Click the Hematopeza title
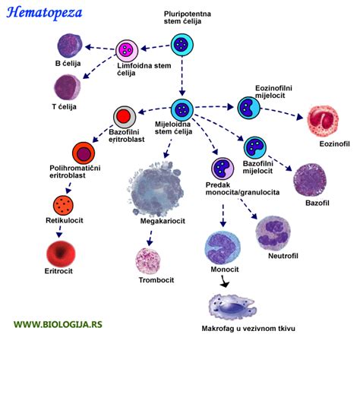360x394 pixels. point(44,13)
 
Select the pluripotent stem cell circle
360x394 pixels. point(182,45)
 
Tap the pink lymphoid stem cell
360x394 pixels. point(127,50)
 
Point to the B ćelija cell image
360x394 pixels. point(70,46)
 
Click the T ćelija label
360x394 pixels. point(65,107)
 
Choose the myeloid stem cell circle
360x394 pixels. point(182,110)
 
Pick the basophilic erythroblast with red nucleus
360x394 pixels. point(125,117)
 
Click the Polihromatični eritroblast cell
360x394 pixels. point(84,153)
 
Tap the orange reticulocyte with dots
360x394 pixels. point(63,205)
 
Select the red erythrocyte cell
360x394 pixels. point(61,253)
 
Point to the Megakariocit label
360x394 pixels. point(163,221)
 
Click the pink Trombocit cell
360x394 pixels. point(148,261)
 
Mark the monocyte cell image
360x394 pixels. point(223,248)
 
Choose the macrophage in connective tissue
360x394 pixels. point(232,307)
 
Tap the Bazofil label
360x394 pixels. point(317,203)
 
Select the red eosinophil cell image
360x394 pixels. point(323,121)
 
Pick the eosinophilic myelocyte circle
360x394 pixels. point(249,108)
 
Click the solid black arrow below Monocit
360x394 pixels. point(224,282)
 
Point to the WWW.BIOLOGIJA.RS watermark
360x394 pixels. point(58,324)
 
